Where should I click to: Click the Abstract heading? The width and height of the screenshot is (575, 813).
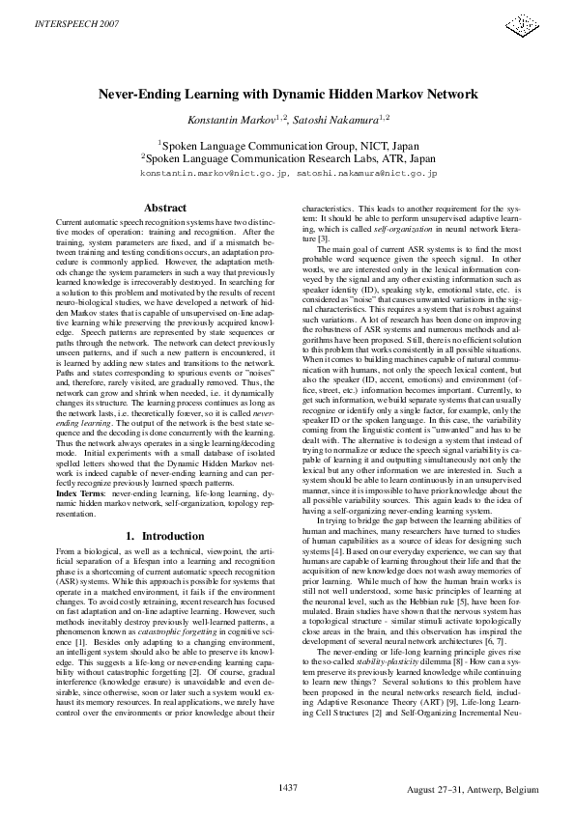164,208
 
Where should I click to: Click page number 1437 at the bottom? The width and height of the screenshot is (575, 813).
287,788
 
